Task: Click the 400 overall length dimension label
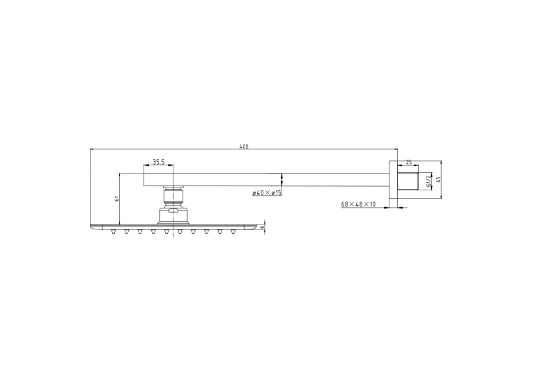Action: click(244, 146)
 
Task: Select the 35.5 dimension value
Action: click(158, 162)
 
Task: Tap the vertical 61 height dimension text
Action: click(117, 199)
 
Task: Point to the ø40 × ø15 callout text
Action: click(267, 193)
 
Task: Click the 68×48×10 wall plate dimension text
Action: click(358, 204)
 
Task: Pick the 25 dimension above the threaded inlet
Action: click(409, 162)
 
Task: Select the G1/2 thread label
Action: click(428, 181)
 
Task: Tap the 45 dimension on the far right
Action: click(438, 179)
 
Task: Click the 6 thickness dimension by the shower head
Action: click(262, 227)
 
